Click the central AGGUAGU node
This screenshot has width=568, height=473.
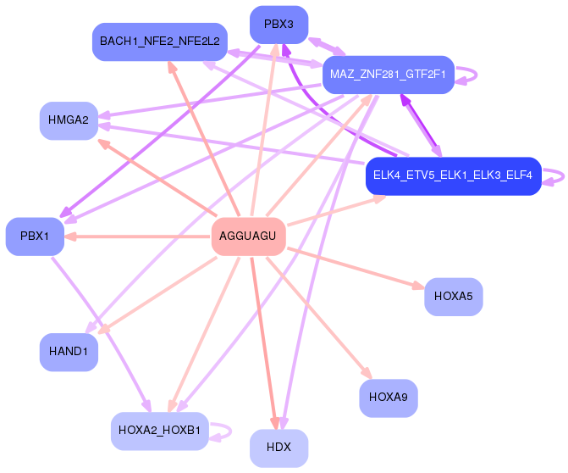coord(249,236)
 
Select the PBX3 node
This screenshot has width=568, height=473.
coord(279,25)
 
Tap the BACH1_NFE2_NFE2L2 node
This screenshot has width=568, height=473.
coord(160,42)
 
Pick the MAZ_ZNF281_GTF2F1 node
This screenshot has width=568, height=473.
coord(389,75)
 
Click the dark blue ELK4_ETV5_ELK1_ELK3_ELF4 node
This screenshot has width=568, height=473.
coord(454,176)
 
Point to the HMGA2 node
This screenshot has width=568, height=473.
coord(69,120)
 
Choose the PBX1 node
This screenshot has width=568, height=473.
coord(35,236)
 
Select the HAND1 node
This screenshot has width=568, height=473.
coord(69,352)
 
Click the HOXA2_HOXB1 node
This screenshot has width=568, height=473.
coord(160,431)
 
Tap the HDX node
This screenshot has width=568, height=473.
coord(279,448)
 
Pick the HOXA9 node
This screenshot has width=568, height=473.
coord(389,398)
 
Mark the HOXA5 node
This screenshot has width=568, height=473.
coord(454,297)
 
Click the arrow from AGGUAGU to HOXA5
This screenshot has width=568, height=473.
coord(356,269)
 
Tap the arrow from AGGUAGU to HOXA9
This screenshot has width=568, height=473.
coord(319,318)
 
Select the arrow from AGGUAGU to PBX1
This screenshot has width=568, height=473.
coord(137,236)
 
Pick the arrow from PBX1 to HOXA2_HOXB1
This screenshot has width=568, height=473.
coord(102,335)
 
